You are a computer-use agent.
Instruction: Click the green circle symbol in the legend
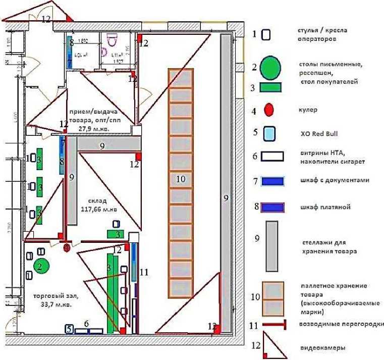click(x=271, y=66)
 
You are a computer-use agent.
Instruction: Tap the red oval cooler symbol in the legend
click(x=269, y=108)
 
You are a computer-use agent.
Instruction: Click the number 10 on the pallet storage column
click(x=181, y=178)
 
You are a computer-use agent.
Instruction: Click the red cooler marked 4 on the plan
click(x=67, y=247)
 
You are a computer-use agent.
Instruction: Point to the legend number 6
click(x=255, y=157)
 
